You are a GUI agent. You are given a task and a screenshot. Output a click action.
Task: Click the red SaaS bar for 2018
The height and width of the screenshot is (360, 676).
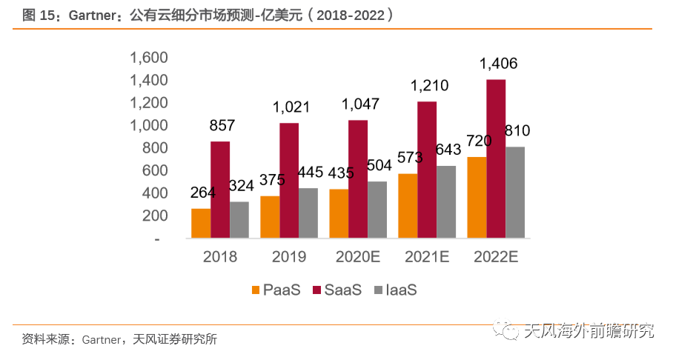tap(220, 190)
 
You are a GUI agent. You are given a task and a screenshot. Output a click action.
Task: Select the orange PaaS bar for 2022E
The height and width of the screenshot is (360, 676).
tap(476, 198)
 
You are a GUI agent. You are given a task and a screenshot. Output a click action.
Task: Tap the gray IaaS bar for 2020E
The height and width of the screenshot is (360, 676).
tap(377, 210)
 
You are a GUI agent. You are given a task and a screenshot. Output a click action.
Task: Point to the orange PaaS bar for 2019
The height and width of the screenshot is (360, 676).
tap(270, 217)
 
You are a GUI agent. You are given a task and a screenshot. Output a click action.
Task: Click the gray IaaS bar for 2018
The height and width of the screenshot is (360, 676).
tap(239, 220)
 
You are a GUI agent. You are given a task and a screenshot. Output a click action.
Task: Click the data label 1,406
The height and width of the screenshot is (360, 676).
tap(498, 64)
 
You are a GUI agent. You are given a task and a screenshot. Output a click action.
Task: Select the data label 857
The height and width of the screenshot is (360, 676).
tap(222, 125)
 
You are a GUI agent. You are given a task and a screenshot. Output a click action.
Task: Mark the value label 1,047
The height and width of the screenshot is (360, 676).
tap(360, 104)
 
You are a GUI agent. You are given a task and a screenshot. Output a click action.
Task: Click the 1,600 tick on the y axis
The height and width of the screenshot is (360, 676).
tap(150, 58)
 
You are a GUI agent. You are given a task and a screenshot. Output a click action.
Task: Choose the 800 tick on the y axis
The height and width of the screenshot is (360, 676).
tap(155, 148)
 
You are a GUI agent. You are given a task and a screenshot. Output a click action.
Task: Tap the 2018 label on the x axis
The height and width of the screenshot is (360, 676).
tap(219, 257)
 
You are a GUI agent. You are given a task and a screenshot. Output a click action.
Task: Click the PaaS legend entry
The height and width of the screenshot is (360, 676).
tap(276, 290)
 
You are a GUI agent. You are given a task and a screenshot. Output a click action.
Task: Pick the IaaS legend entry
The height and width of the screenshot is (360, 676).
tap(395, 290)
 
